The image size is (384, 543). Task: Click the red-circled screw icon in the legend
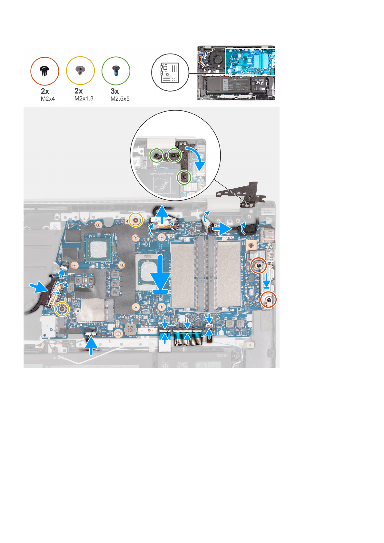point(44,71)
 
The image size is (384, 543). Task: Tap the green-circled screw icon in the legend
point(116,71)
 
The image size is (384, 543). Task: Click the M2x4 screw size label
point(48,99)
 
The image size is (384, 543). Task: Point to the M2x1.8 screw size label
point(84,99)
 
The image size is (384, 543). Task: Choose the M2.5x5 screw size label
point(120,99)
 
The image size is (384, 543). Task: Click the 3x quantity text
point(115,91)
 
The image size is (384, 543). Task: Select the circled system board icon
point(170,73)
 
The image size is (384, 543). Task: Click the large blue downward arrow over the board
point(160,273)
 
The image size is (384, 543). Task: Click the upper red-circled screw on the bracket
point(259,265)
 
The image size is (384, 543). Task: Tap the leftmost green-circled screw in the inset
point(157,155)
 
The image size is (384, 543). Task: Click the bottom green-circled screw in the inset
point(184,177)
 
